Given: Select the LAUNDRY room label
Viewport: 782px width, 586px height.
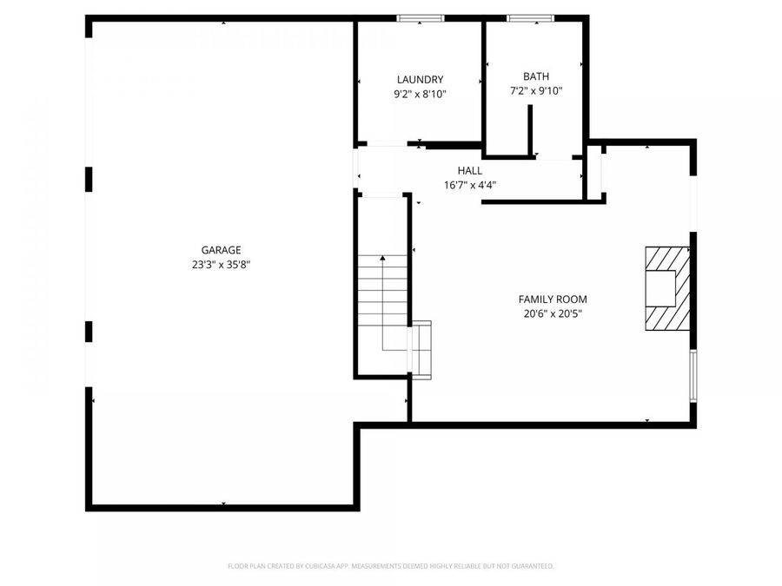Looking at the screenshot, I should [421, 79].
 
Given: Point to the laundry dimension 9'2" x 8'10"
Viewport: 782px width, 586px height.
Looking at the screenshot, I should [421, 94].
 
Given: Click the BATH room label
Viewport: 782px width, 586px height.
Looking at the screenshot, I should [535, 76].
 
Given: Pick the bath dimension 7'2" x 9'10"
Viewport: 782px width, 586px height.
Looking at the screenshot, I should [535, 90].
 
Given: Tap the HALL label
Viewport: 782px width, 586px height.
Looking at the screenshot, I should [470, 170].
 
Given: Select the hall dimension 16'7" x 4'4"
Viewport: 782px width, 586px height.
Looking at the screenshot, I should [470, 185].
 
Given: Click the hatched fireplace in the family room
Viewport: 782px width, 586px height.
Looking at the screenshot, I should [666, 288].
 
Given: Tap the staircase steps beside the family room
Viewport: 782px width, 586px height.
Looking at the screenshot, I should [382, 295].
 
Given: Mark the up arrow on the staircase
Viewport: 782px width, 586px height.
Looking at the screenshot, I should [382, 259].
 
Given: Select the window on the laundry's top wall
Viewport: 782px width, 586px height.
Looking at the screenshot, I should [421, 18].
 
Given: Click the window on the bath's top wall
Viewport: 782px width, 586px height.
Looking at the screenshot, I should [531, 18].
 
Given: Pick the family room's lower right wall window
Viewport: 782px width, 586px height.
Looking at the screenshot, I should [693, 376].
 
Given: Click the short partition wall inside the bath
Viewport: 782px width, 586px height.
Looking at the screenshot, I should [529, 132].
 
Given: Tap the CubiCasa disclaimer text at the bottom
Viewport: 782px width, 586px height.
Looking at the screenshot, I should [390, 566].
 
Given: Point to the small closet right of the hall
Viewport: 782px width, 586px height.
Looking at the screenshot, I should [594, 173].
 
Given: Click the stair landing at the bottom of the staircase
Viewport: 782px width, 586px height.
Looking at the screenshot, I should [421, 350].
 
